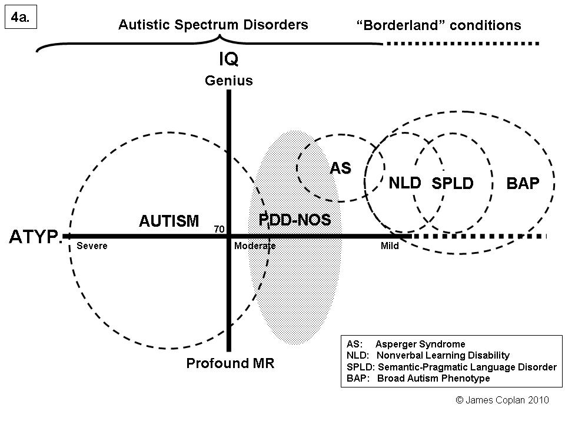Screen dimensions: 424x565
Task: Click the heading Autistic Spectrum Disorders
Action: [x=213, y=25]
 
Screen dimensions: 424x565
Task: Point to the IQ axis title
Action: [x=228, y=59]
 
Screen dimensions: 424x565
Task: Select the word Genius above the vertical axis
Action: [x=228, y=81]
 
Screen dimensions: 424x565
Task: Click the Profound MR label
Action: [x=230, y=363]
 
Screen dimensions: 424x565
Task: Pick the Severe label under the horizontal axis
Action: [x=92, y=246]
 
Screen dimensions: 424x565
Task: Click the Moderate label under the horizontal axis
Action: [x=255, y=246]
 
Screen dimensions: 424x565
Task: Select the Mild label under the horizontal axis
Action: [x=390, y=246]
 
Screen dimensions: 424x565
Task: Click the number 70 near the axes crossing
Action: [x=219, y=230]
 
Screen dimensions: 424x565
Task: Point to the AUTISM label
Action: [x=169, y=221]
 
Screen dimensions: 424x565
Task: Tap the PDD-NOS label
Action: [x=295, y=220]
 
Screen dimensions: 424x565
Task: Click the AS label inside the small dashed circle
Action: [x=340, y=168]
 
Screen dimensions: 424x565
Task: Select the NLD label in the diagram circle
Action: [x=405, y=183]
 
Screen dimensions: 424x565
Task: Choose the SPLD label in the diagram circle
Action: [x=453, y=184]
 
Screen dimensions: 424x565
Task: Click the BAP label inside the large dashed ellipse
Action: [x=523, y=184]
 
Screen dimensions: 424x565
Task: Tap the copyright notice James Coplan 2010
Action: [x=503, y=400]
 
